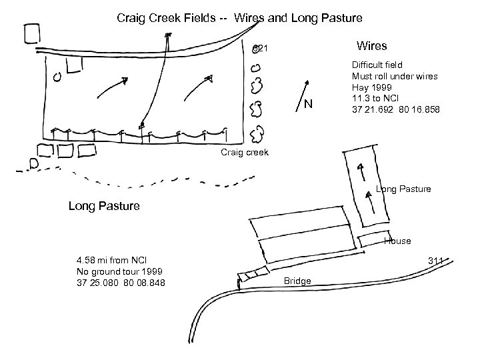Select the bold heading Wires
pyautogui.click(x=371, y=46)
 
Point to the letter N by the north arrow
pyautogui.click(x=308, y=105)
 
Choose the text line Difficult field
pyautogui.click(x=377, y=65)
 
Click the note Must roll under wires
pyautogui.click(x=395, y=76)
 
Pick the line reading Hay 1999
pyautogui.click(x=370, y=87)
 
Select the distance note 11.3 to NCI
pyautogui.click(x=375, y=98)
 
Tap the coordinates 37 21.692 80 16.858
pyautogui.click(x=395, y=109)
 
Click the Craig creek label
pyautogui.click(x=244, y=153)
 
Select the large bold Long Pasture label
pyautogui.click(x=104, y=206)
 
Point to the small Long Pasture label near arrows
pyautogui.click(x=403, y=189)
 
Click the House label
pyautogui.click(x=397, y=241)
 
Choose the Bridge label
pyautogui.click(x=297, y=281)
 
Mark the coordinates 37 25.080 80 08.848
pyautogui.click(x=121, y=283)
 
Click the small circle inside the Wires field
pyautogui.click(x=58, y=77)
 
